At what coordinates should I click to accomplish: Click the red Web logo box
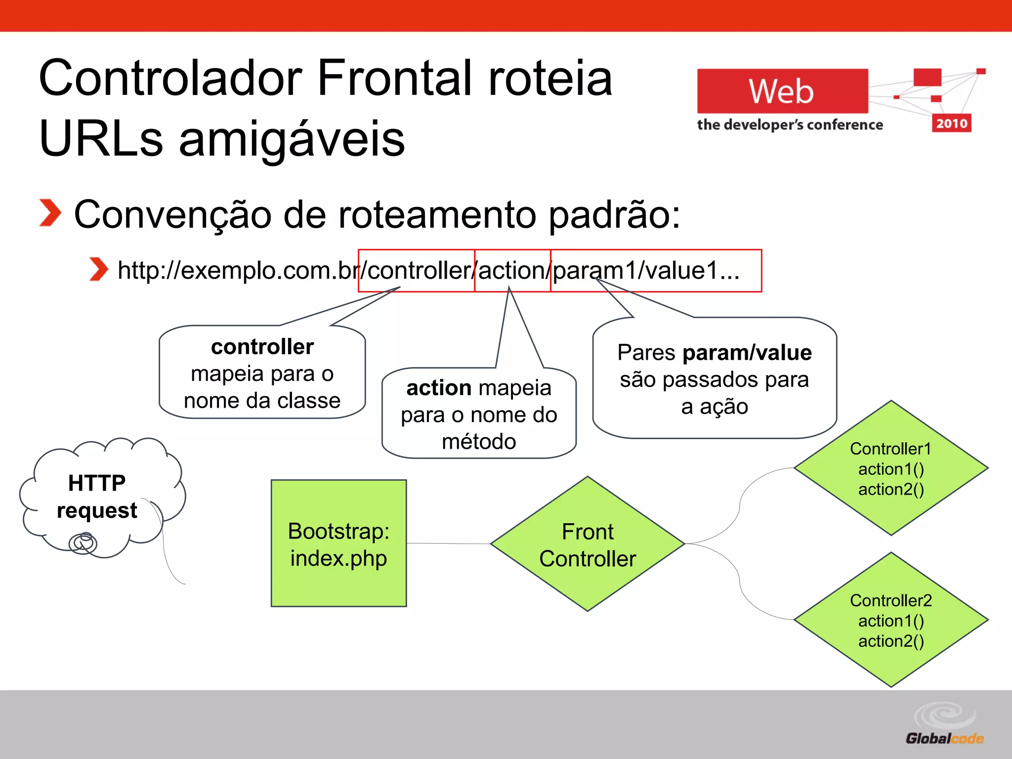click(782, 91)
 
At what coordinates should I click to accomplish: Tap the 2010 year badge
click(951, 124)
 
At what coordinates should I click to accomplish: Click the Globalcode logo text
click(944, 739)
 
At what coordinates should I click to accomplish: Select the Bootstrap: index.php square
click(339, 543)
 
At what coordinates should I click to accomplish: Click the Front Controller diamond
click(588, 544)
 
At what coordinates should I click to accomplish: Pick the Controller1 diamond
click(891, 468)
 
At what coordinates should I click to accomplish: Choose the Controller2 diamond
click(891, 620)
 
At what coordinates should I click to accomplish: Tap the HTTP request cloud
click(97, 497)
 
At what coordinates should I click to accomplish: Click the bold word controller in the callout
click(262, 347)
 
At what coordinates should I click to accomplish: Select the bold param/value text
click(747, 353)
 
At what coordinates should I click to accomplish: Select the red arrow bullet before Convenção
click(50, 213)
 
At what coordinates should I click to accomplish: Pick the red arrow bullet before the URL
click(98, 269)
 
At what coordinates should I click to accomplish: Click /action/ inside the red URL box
click(512, 270)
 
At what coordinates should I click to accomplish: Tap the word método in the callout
click(479, 441)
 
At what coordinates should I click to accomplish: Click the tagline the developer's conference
click(790, 125)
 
